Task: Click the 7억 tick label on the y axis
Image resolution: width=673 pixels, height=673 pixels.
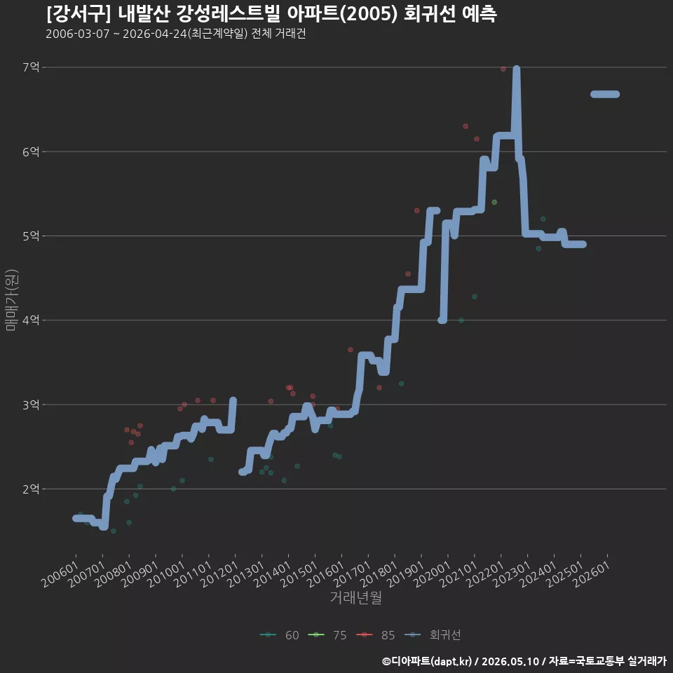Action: pyautogui.click(x=31, y=67)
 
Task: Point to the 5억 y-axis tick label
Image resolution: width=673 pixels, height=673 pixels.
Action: pyautogui.click(x=31, y=236)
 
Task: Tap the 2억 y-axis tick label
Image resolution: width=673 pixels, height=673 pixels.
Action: pyautogui.click(x=31, y=489)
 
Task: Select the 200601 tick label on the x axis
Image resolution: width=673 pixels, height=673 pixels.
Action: pyautogui.click(x=60, y=574)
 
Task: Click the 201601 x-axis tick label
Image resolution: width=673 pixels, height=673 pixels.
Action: pyautogui.click(x=325, y=574)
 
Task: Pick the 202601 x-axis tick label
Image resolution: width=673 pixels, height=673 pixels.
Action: pyautogui.click(x=592, y=574)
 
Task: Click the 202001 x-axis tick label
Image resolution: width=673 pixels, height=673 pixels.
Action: pyautogui.click(x=432, y=574)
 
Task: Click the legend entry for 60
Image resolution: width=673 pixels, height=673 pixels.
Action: pyautogui.click(x=280, y=635)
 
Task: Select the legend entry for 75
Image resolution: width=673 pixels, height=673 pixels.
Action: pyautogui.click(x=327, y=635)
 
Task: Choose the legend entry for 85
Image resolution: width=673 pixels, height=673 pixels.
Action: pyautogui.click(x=376, y=635)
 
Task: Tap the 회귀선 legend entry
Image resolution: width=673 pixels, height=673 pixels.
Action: pyautogui.click(x=433, y=635)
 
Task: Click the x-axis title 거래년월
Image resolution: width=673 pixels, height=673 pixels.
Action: pyautogui.click(x=356, y=597)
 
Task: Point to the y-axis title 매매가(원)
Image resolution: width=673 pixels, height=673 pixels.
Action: pyautogui.click(x=11, y=301)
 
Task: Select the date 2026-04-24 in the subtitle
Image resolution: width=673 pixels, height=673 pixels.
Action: pyautogui.click(x=155, y=34)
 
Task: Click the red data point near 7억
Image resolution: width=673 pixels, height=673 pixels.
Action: pyautogui.click(x=503, y=69)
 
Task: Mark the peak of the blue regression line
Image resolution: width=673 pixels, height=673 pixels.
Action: pyautogui.click(x=517, y=69)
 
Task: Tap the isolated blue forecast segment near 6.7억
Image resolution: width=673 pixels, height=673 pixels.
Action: pyautogui.click(x=605, y=94)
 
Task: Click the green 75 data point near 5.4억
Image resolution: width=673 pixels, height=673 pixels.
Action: pyautogui.click(x=494, y=202)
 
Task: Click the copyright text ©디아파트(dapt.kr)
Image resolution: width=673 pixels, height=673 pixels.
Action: pyautogui.click(x=427, y=661)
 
